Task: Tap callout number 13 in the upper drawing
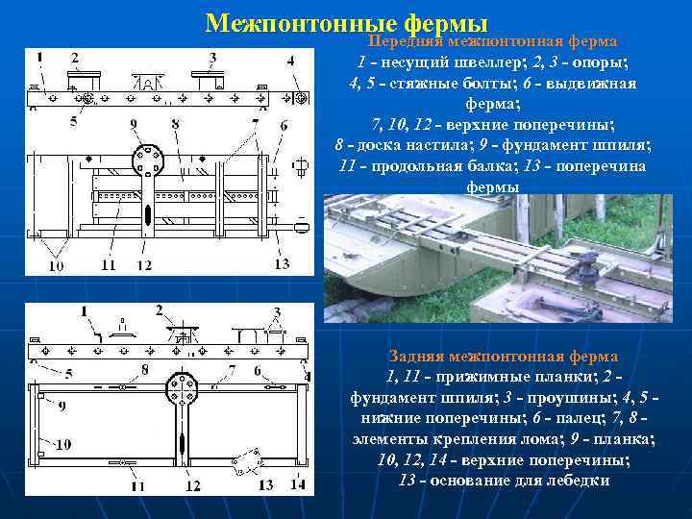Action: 282,263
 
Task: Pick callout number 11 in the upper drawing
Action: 107,264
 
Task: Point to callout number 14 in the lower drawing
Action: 297,485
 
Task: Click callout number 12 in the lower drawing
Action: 192,485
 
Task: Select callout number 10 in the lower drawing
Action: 62,445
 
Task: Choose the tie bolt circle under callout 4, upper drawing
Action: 299,98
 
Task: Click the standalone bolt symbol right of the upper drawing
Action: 300,168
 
